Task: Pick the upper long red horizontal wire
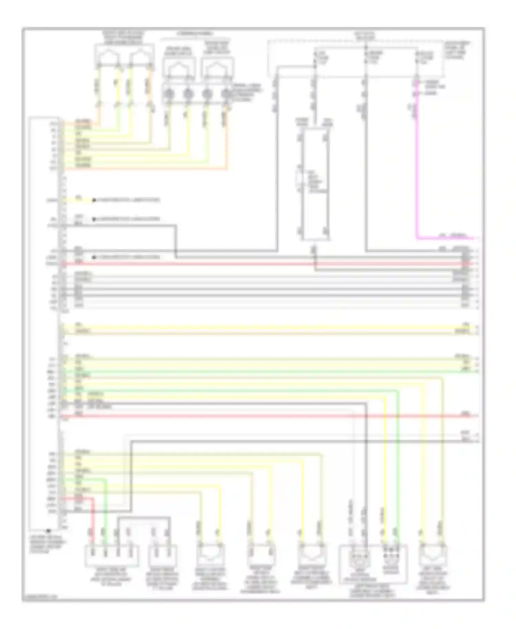[x=261, y=264]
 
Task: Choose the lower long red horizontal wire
[x=261, y=416]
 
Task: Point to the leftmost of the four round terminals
[x=168, y=94]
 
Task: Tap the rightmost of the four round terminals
[x=226, y=94]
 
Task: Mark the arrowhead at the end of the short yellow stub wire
[x=94, y=200]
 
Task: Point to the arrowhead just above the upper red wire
[x=94, y=257]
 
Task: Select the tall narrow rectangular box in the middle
[x=315, y=184]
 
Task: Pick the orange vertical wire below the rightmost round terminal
[x=227, y=138]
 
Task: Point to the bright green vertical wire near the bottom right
[x=398, y=465]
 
